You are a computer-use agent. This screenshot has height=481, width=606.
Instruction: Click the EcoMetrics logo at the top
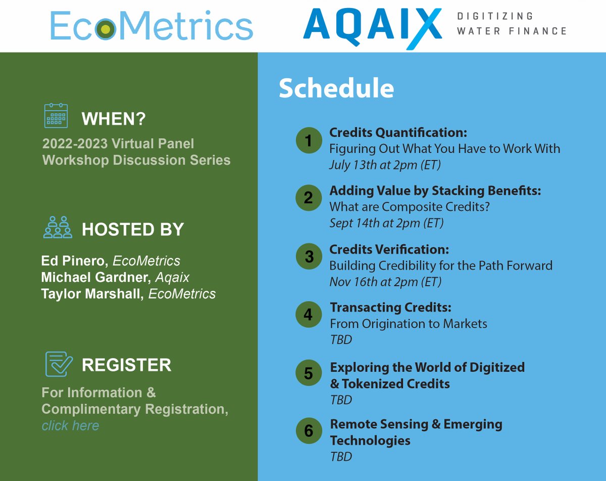coord(151,26)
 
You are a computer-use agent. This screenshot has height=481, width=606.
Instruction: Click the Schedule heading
coord(336,89)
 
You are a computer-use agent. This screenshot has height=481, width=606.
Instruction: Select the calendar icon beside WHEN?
coord(56,116)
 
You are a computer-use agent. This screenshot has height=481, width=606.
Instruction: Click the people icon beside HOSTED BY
coord(57,228)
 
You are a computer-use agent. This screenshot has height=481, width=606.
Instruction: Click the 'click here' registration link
coord(70,426)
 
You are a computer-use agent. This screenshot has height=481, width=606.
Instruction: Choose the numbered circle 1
coord(308,141)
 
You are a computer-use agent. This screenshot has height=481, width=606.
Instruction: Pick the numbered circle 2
coord(308,198)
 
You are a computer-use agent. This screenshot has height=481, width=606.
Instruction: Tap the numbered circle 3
coord(308,256)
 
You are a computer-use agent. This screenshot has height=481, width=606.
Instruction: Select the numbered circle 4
coord(308,315)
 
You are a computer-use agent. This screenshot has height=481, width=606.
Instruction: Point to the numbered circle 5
coord(308,373)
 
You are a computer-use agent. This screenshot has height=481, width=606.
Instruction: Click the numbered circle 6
coord(308,431)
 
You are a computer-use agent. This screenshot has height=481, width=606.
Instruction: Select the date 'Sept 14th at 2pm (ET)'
coord(386,223)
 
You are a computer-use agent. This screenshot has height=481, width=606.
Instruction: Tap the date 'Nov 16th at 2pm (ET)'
coord(385,282)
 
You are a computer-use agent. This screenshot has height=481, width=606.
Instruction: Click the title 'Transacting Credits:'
coord(390,307)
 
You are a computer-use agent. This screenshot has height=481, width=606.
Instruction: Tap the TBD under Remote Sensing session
coord(341,457)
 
